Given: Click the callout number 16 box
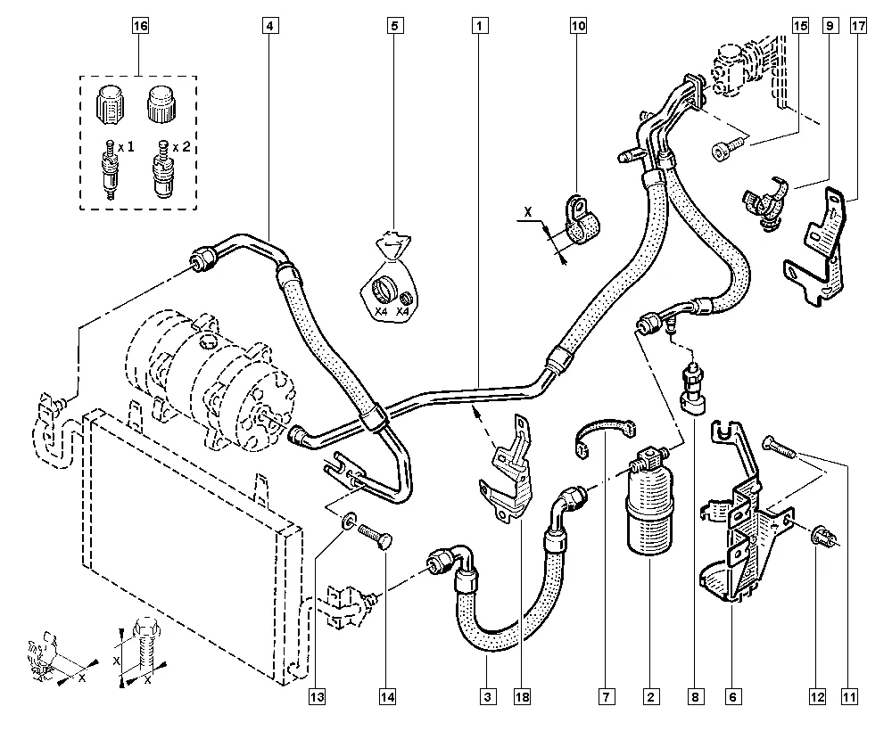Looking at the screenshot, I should [x=139, y=26].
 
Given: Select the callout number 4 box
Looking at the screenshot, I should [x=268, y=26].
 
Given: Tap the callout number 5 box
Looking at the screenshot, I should [x=393, y=26].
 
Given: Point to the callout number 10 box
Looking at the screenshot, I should [x=578, y=26].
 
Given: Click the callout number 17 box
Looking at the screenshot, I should [x=858, y=26].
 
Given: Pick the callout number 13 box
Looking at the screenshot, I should [x=318, y=696].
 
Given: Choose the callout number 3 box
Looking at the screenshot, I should [x=488, y=696].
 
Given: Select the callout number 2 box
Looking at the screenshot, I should [x=652, y=696].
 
